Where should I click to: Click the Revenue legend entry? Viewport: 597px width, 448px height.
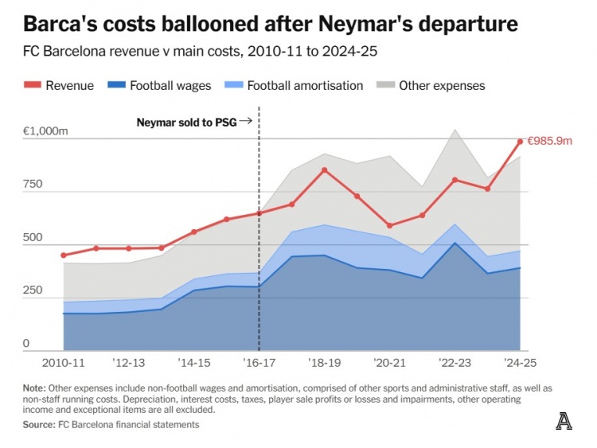click(x=59, y=85)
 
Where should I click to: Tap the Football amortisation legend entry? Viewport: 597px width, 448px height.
click(x=295, y=85)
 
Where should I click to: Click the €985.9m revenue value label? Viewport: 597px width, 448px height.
click(x=549, y=141)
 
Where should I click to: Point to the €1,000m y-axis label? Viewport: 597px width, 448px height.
click(x=46, y=131)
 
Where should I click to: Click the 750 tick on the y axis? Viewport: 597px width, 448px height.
click(x=33, y=185)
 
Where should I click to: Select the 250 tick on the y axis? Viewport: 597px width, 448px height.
click(x=33, y=290)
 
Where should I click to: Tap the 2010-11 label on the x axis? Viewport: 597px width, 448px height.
click(x=64, y=363)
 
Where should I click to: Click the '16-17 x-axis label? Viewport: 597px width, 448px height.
click(x=259, y=363)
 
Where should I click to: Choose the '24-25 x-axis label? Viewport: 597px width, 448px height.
click(x=520, y=363)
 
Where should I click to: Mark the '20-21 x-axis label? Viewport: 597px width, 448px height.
click(x=389, y=363)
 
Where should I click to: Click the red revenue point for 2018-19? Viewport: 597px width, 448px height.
click(x=325, y=169)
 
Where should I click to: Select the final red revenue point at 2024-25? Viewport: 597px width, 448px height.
click(x=520, y=142)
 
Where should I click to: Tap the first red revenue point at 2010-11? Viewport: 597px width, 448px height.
click(x=64, y=255)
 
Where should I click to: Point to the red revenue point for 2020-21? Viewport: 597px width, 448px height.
click(x=390, y=226)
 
